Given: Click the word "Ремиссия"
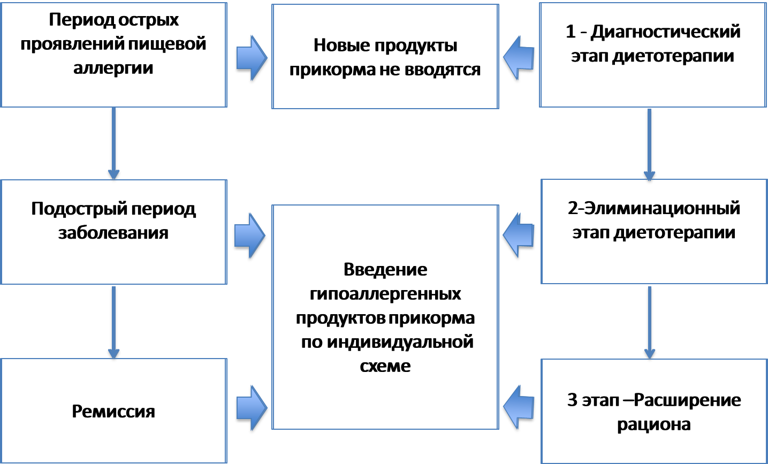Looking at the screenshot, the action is pos(113,411).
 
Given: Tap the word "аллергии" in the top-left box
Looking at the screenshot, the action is pos(113,68).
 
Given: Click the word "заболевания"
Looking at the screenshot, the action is pos(113,233).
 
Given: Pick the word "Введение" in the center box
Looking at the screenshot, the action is pos(385,269).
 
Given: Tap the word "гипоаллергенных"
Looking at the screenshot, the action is pos(385,294).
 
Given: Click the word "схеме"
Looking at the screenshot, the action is pos(385,366).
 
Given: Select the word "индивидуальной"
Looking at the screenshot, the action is pos(400,342).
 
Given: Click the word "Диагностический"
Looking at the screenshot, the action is pos(665,32).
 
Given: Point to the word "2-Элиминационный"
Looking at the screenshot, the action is pos(653,208).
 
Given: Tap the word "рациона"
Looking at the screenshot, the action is pos(653,424).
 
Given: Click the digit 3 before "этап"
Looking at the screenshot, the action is pos(572,400).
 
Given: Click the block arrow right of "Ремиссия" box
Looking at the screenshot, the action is pos(252,408).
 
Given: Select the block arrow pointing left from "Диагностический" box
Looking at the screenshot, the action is pos(519,58).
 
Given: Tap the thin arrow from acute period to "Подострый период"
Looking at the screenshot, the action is pos(113,143).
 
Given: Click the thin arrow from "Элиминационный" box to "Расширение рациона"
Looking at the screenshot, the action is pos(649,322).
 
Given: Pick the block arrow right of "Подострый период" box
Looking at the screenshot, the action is pos(250,235).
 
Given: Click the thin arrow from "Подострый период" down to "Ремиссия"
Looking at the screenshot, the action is pos(113,322).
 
